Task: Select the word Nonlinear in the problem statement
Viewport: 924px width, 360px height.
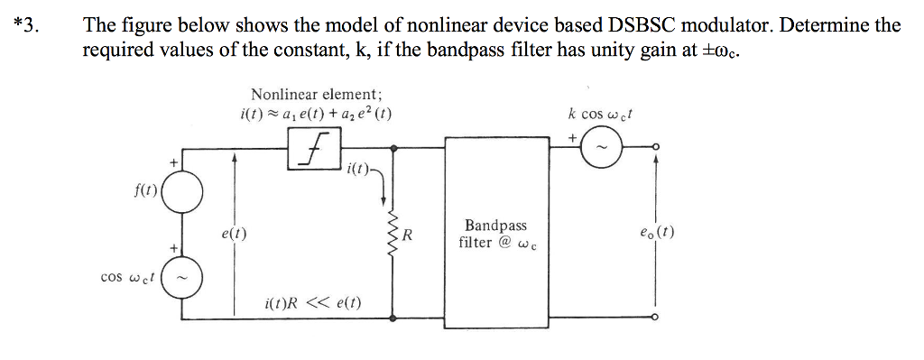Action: coord(431,24)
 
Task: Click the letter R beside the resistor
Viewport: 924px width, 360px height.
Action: coord(407,236)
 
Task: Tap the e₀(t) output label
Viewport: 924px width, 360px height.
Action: coord(656,230)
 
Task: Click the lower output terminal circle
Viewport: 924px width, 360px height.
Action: coord(656,318)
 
